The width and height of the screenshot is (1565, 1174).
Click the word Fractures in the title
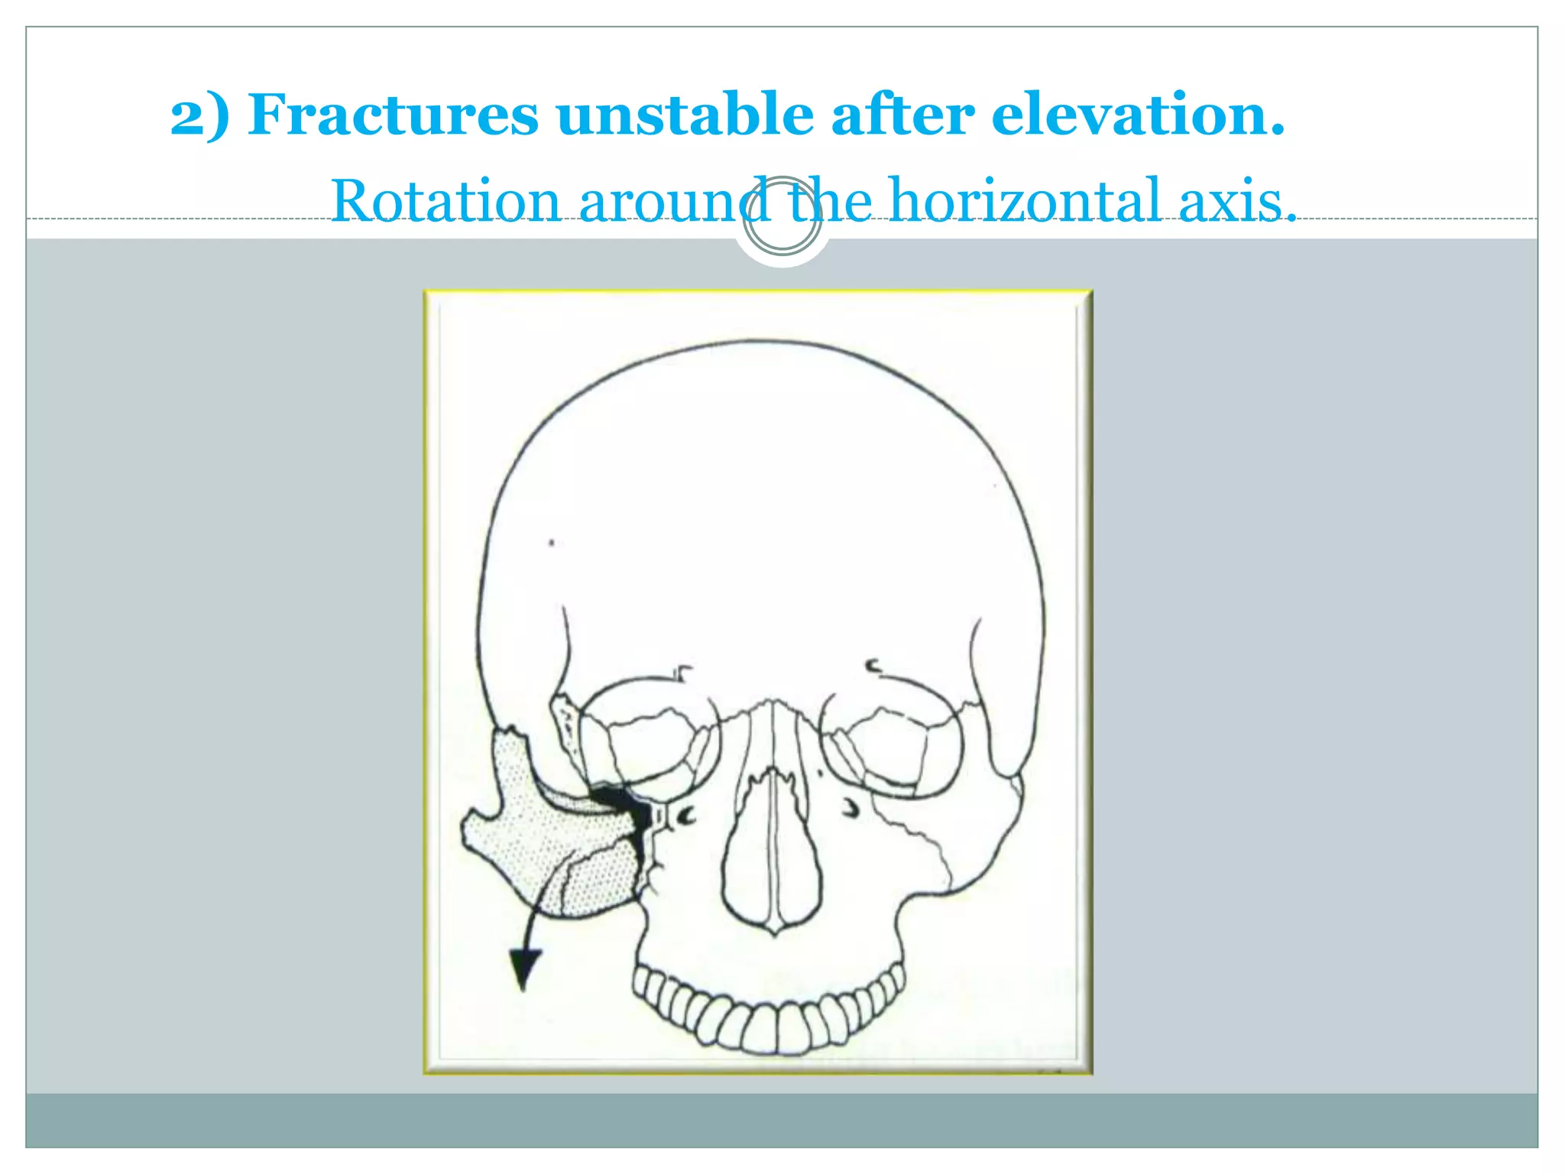(x=393, y=115)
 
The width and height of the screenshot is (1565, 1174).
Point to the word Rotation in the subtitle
(x=446, y=201)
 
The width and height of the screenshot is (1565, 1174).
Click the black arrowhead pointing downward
(x=524, y=968)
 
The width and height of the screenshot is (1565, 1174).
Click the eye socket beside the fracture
(x=650, y=738)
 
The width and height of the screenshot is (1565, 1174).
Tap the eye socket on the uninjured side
(x=890, y=738)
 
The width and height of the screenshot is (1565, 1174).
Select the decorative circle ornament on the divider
(x=782, y=216)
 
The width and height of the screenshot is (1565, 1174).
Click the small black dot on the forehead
(x=552, y=543)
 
